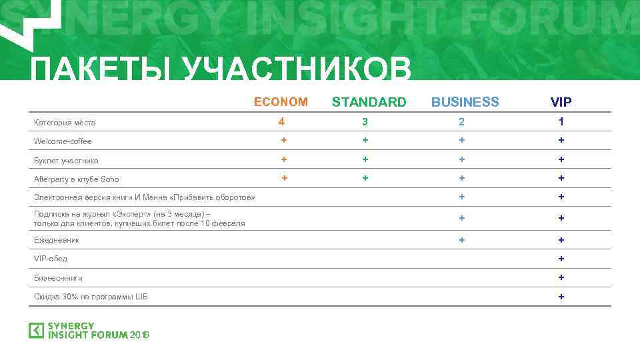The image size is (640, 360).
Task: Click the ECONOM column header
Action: click(x=281, y=102)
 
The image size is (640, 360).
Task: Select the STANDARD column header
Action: click(x=369, y=102)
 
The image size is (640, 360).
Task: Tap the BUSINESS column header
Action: click(x=465, y=102)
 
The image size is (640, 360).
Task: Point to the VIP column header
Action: click(x=561, y=103)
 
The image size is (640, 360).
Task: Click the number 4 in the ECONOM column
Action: click(x=282, y=121)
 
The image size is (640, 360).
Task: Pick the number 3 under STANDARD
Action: click(x=365, y=122)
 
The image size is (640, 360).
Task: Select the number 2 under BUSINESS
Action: click(x=461, y=122)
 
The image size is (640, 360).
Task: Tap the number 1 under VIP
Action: click(x=561, y=122)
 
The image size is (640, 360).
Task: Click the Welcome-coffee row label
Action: click(x=63, y=141)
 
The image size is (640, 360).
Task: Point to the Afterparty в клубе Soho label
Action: click(x=77, y=179)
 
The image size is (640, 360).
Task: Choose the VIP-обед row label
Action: click(x=51, y=259)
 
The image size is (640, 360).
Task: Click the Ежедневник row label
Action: click(x=57, y=240)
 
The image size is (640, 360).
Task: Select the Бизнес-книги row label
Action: click(x=59, y=277)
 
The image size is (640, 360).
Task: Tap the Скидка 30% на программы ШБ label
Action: click(x=91, y=297)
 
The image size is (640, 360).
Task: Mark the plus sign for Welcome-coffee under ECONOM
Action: click(x=284, y=140)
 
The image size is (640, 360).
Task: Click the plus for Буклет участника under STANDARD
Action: click(x=365, y=159)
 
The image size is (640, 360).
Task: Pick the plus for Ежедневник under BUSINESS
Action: click(x=461, y=239)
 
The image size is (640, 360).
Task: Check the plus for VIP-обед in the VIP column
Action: click(x=561, y=259)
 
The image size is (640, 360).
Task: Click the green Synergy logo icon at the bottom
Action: click(x=36, y=331)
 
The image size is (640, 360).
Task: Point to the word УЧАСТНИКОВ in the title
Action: click(x=297, y=70)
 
